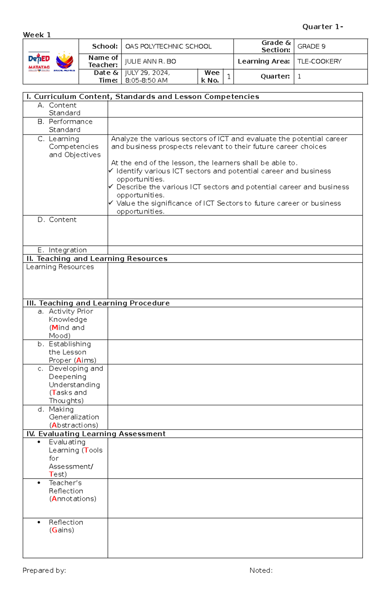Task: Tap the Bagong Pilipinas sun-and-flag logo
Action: [64, 61]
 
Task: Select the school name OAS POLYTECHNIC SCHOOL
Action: [168, 46]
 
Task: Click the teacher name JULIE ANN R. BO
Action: [150, 61]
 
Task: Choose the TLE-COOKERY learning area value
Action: [319, 61]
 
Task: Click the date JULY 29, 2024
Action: [147, 73]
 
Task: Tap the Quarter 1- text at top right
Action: [322, 27]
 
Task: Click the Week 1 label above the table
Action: [37, 35]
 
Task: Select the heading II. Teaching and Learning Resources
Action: [97, 259]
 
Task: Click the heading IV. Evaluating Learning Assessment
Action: [96, 434]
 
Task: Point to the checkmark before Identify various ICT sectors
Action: [111, 171]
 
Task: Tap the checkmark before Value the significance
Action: [111, 203]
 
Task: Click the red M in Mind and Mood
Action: [55, 328]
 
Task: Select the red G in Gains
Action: [54, 530]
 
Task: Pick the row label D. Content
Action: [57, 220]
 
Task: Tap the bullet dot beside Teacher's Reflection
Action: [39, 483]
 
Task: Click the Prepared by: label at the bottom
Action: [44, 570]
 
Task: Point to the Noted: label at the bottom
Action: [261, 570]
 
